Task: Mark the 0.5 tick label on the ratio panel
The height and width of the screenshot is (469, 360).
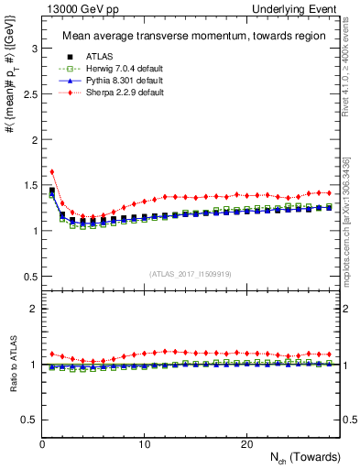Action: tap(27, 420)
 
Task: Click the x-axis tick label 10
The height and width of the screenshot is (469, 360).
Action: tap(145, 444)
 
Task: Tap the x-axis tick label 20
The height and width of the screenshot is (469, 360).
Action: tap(246, 444)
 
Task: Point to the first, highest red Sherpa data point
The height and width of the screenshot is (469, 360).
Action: tap(52, 171)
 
